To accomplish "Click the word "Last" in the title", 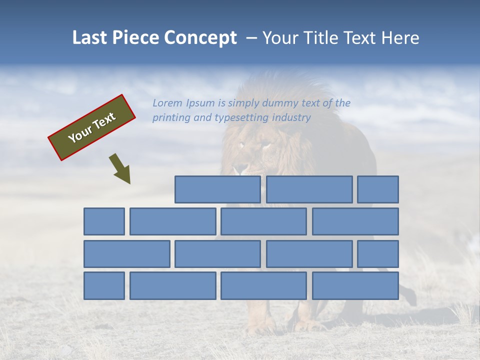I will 90,38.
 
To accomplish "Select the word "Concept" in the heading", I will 200,38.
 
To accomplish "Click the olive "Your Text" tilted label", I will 91,127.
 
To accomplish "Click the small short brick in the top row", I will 377,189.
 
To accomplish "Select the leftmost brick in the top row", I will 217,189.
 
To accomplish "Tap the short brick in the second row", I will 104,221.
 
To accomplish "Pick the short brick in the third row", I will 377,254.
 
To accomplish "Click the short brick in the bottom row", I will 104,286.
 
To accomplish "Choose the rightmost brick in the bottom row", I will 355,286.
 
